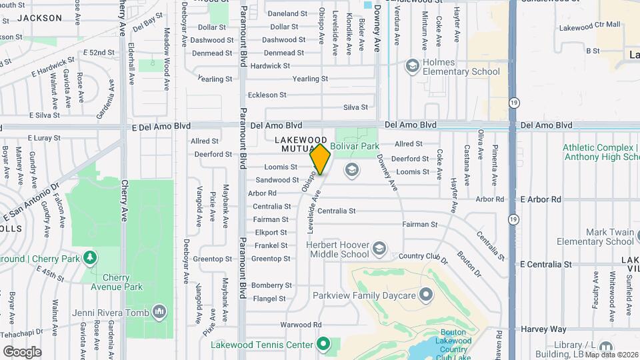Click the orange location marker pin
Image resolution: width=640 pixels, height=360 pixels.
coord(321,159)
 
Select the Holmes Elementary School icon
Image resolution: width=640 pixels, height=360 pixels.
coord(413,65)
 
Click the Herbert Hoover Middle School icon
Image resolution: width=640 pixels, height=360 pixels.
coord(379,248)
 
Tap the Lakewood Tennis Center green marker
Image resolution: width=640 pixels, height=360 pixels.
coord(323,344)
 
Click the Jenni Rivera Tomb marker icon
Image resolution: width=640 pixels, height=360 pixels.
coord(159,311)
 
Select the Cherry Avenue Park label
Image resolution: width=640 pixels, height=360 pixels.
coord(123,282)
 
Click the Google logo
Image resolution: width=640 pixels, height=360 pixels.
coord(22,351)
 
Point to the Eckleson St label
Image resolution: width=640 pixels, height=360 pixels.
coord(267,95)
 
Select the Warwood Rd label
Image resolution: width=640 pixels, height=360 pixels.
coord(300,325)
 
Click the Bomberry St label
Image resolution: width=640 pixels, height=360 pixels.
coord(268,285)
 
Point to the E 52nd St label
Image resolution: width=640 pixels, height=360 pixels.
coord(99,52)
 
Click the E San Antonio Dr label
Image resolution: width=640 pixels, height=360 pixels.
coord(31,203)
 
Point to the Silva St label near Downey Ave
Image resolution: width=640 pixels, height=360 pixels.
coord(355,107)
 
